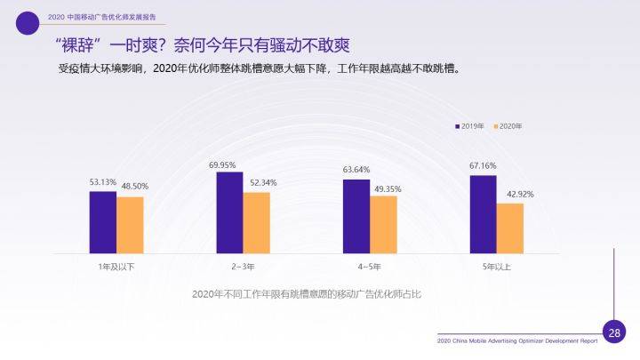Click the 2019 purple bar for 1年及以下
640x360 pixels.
coord(102,222)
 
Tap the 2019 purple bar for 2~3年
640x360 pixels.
coord(229,212)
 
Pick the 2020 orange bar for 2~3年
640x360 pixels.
coord(257,222)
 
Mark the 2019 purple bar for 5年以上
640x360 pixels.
coord(483,214)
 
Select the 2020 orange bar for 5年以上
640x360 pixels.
coord(510,228)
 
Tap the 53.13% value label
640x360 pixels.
coord(103,183)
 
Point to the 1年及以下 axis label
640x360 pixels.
coord(116,266)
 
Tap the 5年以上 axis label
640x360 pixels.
coord(497,266)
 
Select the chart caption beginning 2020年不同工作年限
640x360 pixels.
coord(306,293)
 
